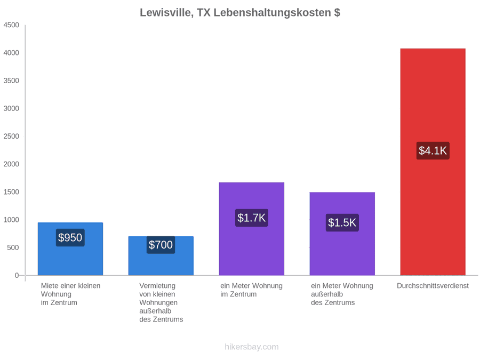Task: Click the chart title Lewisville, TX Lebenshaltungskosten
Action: tap(240, 13)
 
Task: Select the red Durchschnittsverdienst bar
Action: tap(433, 162)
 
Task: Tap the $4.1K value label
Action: tap(433, 150)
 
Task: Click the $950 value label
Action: tap(70, 237)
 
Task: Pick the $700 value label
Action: tap(161, 245)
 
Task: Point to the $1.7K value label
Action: tap(252, 218)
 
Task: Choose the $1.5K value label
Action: tap(342, 222)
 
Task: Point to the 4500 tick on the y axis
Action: tap(11, 25)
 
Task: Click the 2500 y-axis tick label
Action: tap(11, 136)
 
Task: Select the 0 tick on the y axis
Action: tap(17, 275)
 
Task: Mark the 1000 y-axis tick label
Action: tap(11, 220)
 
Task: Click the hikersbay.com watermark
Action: tap(252, 347)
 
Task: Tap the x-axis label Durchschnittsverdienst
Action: tap(433, 286)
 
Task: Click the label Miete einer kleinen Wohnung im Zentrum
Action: tap(71, 294)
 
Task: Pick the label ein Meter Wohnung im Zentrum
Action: tap(251, 290)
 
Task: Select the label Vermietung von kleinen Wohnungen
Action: tap(158, 294)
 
